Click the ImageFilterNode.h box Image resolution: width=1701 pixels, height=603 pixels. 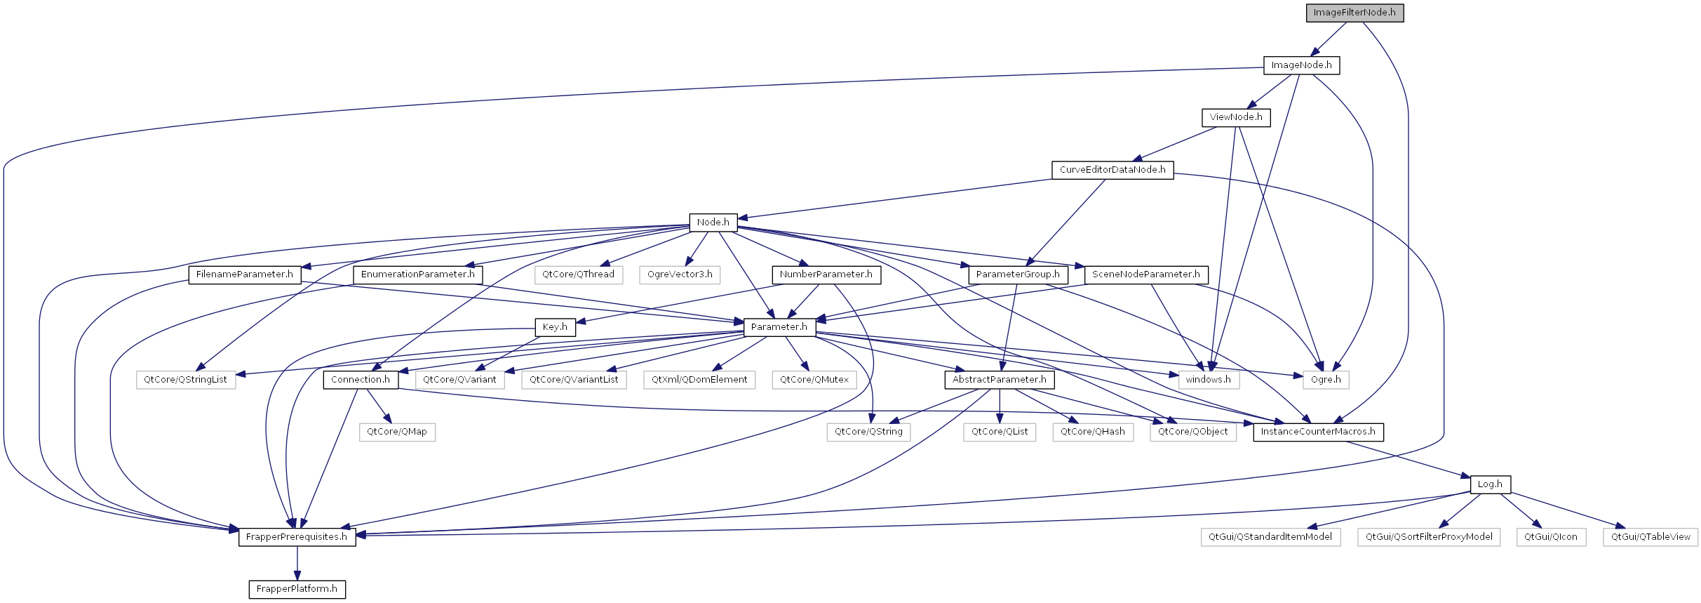click(1354, 13)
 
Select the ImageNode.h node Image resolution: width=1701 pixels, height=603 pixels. click(1301, 65)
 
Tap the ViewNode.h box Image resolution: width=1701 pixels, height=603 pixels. click(1236, 117)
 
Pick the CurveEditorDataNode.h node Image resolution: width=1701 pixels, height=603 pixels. click(1112, 170)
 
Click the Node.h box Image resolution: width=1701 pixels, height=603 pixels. click(713, 223)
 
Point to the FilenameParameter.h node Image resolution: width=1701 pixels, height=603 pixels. click(244, 274)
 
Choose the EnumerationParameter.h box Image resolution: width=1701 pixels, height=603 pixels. click(417, 274)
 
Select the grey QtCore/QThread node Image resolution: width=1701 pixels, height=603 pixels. click(578, 274)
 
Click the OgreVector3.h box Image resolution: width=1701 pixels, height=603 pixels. click(680, 274)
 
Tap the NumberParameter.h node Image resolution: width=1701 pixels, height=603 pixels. click(826, 274)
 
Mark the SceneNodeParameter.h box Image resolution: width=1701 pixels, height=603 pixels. click(1146, 274)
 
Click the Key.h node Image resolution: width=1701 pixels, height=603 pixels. click(555, 327)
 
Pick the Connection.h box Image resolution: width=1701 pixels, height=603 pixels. click(361, 380)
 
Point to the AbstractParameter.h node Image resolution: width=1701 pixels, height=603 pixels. click(999, 380)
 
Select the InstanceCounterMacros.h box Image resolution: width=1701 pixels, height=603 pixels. click(1318, 432)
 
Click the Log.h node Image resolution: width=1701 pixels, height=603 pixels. click(1490, 484)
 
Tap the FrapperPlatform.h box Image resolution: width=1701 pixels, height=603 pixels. click(297, 589)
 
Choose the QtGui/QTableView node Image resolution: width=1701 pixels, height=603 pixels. click(1650, 537)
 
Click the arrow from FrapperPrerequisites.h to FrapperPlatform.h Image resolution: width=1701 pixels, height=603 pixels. click(297, 564)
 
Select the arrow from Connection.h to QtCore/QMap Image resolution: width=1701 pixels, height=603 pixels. click(379, 406)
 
